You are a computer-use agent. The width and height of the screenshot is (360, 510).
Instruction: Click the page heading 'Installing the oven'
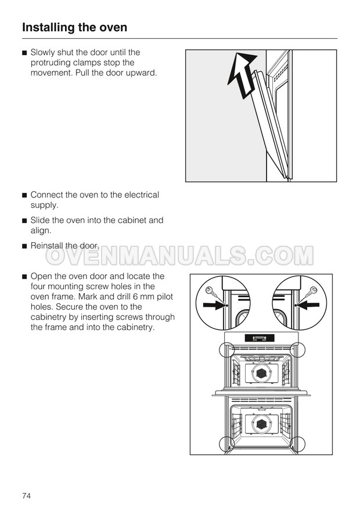tap(74, 27)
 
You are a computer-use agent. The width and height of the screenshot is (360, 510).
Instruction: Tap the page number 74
tap(26, 495)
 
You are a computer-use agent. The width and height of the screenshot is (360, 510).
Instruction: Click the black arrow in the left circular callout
tap(213, 305)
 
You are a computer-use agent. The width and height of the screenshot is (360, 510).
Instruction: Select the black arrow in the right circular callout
tap(308, 305)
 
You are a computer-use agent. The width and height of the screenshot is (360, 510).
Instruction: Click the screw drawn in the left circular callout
tap(213, 293)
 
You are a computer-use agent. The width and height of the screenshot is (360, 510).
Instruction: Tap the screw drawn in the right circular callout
tap(308, 294)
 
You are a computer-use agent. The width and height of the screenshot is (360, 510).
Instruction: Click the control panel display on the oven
tap(260, 338)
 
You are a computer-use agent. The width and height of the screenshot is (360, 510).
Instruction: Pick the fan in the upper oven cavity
tap(261, 373)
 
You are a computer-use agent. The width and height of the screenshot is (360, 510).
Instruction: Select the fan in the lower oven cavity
tap(261, 424)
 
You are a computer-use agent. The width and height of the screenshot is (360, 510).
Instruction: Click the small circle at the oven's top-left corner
tap(227, 350)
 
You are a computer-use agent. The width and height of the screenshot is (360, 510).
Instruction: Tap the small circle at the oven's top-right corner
tap(297, 350)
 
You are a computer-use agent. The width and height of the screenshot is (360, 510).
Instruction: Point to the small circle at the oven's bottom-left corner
tap(226, 444)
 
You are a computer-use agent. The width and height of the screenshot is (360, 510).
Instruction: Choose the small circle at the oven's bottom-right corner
tap(297, 444)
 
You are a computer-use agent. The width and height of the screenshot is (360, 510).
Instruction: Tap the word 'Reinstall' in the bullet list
tap(46, 246)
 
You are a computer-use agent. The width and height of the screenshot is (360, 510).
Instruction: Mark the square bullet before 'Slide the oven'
tap(24, 221)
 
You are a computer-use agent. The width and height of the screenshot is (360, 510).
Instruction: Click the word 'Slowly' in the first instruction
tap(42, 53)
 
